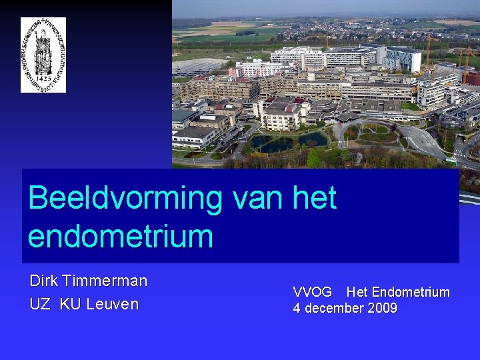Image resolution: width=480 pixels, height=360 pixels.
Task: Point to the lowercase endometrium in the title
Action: pos(120,237)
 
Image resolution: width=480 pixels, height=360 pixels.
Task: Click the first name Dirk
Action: pos(44,281)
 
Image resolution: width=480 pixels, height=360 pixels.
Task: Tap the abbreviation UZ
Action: pos(39,304)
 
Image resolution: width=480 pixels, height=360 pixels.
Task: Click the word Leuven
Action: pos(113,304)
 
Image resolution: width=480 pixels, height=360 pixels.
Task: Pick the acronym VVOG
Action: pos(312,292)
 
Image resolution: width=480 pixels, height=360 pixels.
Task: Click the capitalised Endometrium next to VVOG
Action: pos(411,292)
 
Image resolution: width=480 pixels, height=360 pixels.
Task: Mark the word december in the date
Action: pos(336,308)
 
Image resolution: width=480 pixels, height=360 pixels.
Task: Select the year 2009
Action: pos(383,308)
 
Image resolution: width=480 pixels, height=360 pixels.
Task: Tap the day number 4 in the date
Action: pos(297,308)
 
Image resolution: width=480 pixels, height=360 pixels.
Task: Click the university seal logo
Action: pos(43,55)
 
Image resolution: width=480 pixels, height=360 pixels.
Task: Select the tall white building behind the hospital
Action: pos(403,58)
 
